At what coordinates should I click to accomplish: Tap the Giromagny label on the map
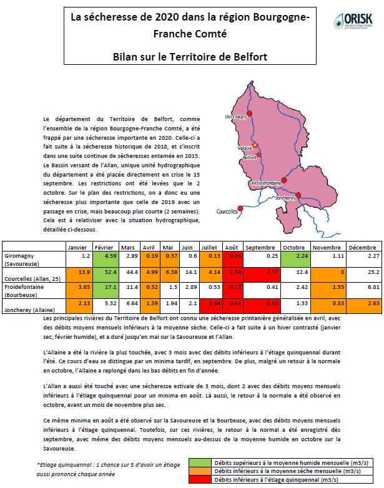[x=235, y=117]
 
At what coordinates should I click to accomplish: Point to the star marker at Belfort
[x=255, y=145]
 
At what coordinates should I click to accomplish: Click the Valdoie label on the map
[x=245, y=147]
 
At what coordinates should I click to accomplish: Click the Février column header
[x=104, y=246]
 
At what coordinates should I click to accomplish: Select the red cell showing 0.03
[x=231, y=255]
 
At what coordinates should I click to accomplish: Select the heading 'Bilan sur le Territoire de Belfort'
[x=190, y=57]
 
